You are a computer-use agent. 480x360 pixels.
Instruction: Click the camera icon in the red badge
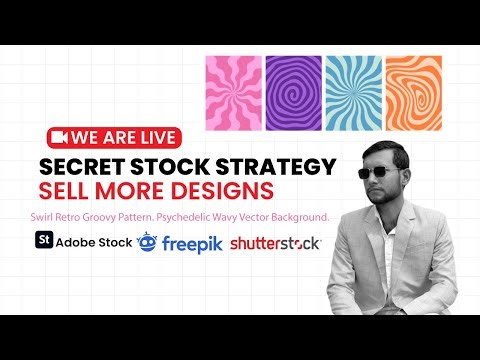tap(58, 136)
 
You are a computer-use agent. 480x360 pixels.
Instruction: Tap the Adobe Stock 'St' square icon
tap(43, 241)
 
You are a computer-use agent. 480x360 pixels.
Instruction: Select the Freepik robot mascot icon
tap(147, 241)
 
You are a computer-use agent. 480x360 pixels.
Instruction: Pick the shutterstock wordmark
tap(275, 243)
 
